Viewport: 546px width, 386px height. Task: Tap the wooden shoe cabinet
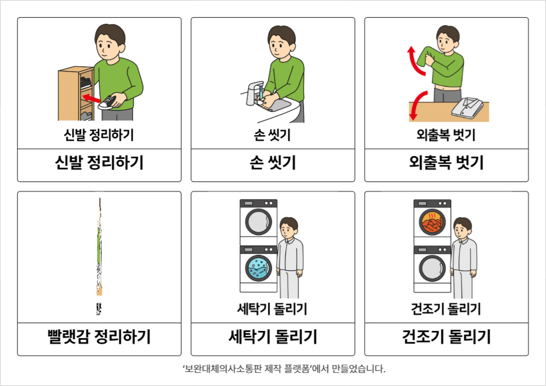(75, 94)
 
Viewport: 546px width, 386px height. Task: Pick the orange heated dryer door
(432, 222)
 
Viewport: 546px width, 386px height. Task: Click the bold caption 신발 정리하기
(99, 163)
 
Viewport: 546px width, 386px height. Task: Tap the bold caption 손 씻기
(273, 163)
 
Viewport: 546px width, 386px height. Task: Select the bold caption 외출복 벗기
(447, 163)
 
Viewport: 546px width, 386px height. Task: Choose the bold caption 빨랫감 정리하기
(99, 336)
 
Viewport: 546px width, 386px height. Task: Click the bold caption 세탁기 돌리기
(273, 336)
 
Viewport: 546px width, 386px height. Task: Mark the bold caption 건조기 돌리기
(447, 336)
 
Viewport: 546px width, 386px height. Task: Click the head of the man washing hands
(281, 41)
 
